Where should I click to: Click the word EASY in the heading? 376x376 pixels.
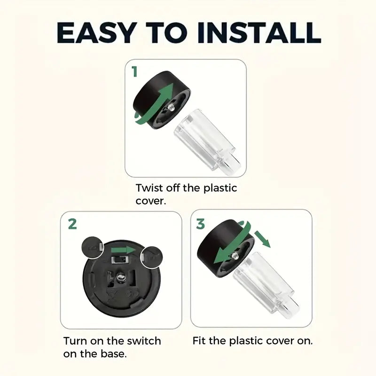95,32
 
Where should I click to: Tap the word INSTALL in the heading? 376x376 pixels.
259,32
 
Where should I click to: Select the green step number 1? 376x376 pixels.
134,71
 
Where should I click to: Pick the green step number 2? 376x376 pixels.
72,224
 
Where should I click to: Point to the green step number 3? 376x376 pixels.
201,224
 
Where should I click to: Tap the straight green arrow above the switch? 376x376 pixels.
123,250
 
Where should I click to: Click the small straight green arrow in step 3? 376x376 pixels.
262,239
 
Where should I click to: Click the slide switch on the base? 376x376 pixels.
119,260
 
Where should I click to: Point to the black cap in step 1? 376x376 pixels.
162,100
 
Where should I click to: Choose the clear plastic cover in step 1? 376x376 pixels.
207,139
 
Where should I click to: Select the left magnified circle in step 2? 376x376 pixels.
93,248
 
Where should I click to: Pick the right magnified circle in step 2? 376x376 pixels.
151,257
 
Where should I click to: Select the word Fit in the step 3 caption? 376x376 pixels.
199,340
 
